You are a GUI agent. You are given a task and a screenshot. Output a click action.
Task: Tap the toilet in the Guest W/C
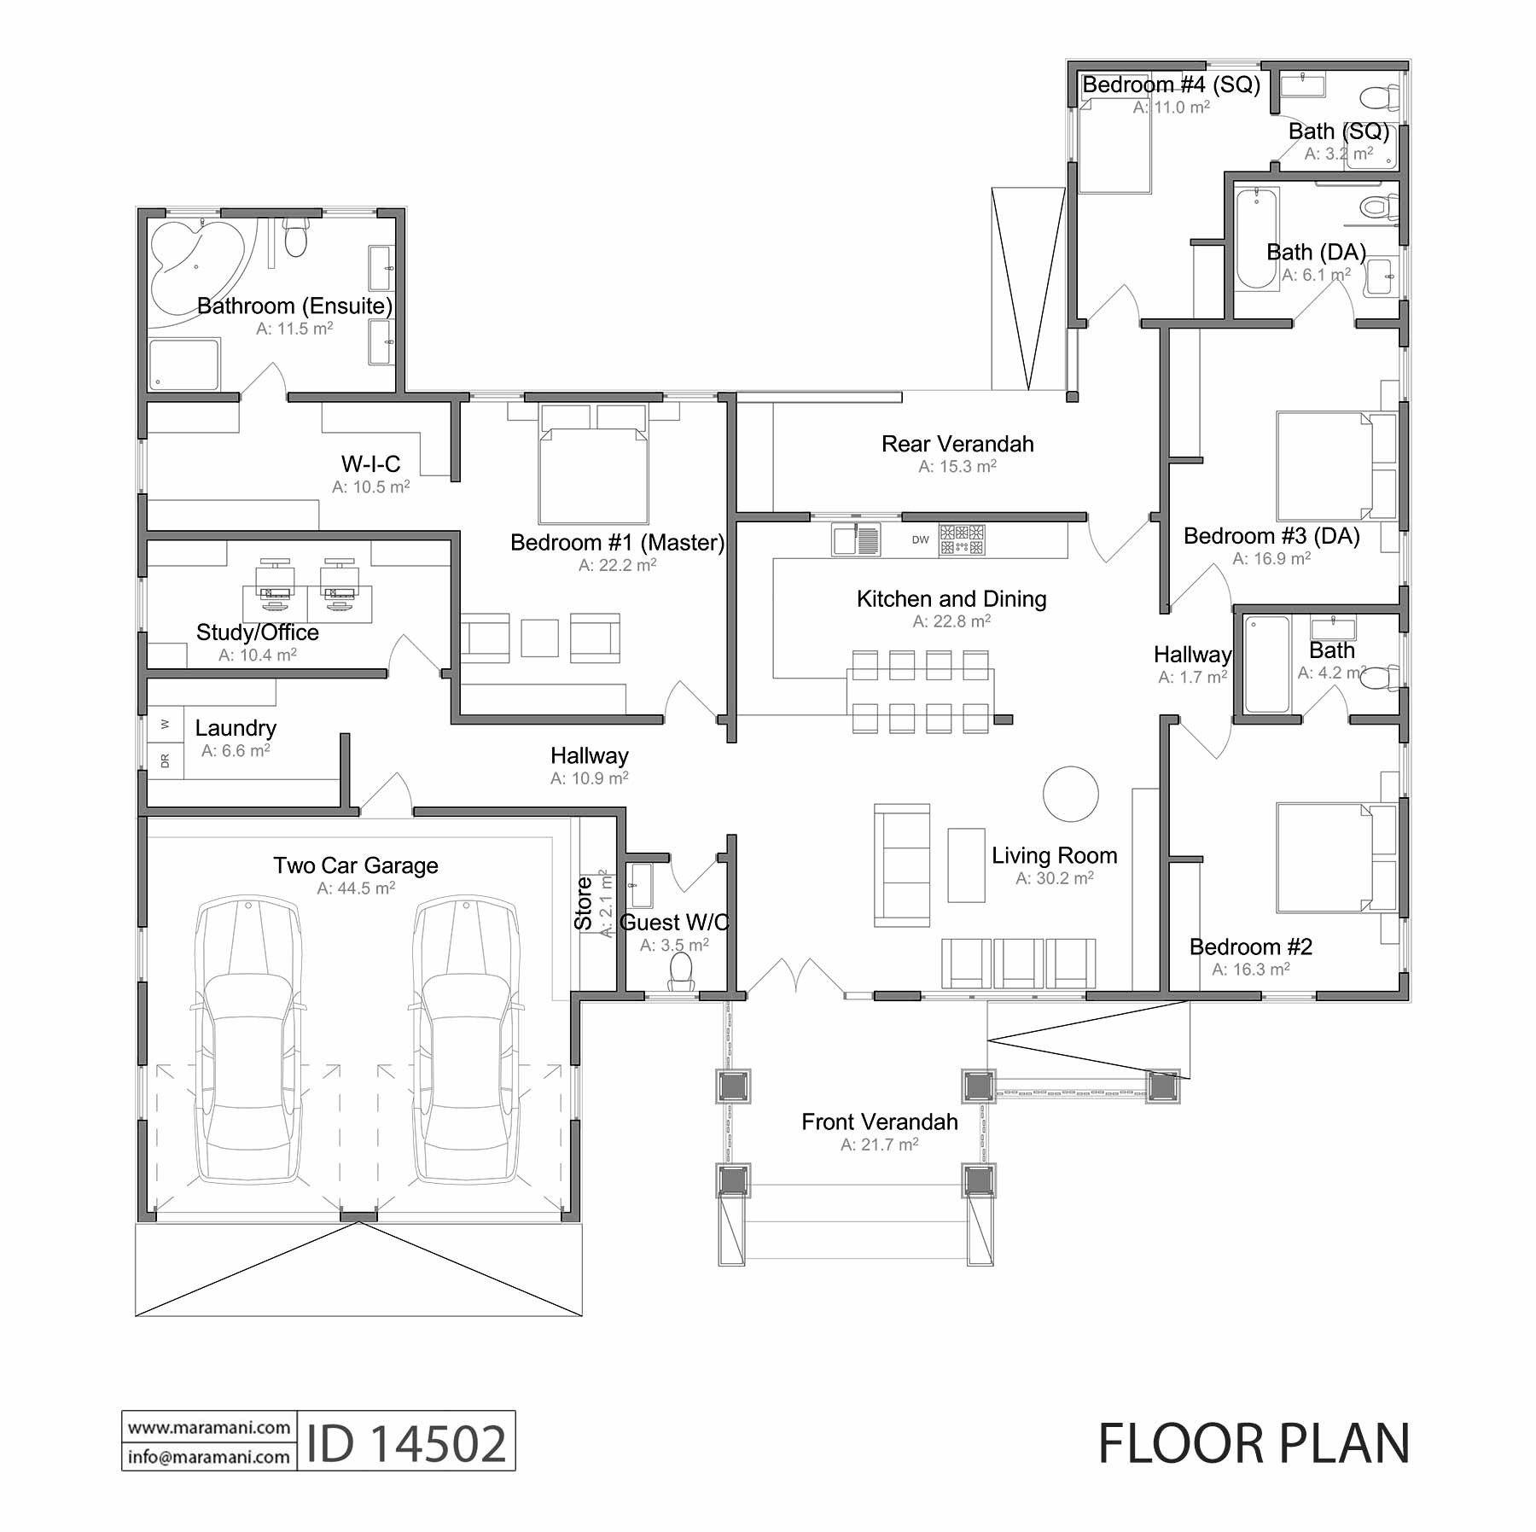point(680,971)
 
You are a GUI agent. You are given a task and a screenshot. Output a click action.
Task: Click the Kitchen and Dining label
point(951,599)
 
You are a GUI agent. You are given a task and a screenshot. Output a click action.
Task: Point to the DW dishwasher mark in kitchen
point(920,539)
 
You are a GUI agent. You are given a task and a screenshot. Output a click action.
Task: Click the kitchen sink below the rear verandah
point(856,539)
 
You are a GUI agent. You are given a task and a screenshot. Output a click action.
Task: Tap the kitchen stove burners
point(962,539)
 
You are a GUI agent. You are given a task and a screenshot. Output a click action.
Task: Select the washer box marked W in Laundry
point(165,725)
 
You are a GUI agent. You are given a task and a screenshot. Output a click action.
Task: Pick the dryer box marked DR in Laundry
point(165,760)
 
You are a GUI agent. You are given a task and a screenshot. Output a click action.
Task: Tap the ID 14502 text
point(406,1444)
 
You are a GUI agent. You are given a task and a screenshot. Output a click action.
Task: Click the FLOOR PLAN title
point(1253,1444)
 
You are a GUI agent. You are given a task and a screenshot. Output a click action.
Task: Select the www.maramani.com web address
point(209,1427)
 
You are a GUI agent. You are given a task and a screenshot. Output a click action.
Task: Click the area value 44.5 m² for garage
point(356,888)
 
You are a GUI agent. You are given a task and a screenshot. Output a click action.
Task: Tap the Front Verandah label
point(879,1122)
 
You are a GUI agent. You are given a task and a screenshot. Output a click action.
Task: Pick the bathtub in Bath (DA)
point(1256,239)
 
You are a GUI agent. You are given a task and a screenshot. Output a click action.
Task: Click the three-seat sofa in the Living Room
point(901,865)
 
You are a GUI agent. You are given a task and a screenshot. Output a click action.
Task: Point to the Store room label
point(584,903)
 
